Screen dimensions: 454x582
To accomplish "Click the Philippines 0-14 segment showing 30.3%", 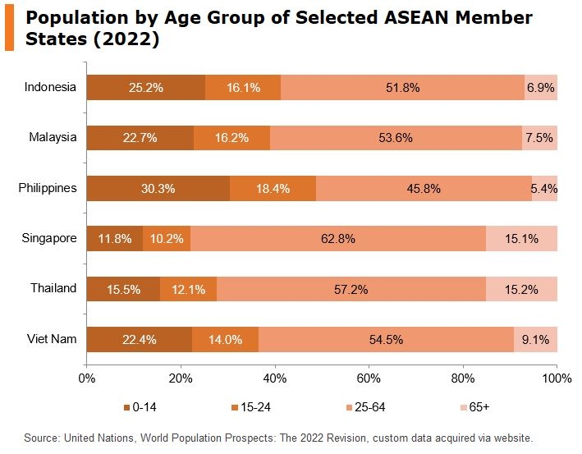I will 158,188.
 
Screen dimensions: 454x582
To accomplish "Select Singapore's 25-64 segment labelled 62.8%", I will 337,239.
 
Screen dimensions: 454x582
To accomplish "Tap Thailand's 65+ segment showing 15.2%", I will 521,289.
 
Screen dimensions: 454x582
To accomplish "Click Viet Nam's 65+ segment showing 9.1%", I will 535,339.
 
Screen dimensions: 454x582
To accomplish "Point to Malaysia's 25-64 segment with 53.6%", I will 396,138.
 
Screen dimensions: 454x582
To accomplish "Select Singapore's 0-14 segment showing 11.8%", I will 114,239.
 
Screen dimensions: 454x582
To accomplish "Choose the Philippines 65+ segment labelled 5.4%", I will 544,188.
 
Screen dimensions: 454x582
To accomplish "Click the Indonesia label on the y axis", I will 50,87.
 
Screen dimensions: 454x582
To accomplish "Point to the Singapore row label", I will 49,238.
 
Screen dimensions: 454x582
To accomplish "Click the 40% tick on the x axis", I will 275,378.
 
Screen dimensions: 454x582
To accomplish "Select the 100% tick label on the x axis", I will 557,378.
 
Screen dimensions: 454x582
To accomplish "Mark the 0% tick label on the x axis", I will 86,378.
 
